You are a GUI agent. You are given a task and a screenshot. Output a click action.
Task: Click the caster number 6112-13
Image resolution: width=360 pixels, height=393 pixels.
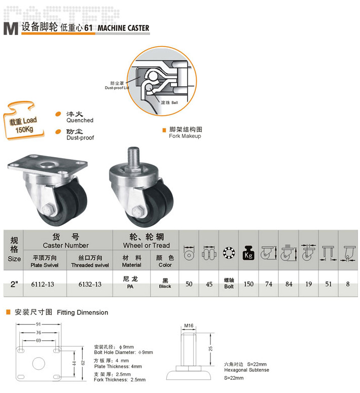[x=43, y=284]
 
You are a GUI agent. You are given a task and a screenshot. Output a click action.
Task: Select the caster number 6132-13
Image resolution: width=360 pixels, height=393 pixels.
[x=90, y=284]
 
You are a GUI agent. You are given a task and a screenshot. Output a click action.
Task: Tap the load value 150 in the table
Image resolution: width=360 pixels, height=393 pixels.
[x=248, y=284]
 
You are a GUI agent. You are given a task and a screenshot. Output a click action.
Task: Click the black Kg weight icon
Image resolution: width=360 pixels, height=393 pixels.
[x=248, y=253]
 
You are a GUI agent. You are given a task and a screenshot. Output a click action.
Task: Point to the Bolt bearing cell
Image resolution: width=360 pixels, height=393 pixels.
[x=229, y=283]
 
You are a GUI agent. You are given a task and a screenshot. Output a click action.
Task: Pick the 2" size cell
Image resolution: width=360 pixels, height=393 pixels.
[x=14, y=284]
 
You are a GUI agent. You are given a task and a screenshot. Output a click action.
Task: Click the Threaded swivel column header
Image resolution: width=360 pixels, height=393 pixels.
[x=90, y=262]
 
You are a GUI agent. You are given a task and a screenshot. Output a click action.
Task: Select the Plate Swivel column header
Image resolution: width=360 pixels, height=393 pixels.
[x=45, y=262]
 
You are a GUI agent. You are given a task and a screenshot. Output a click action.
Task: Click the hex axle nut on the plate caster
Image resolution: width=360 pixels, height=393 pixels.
[x=48, y=210]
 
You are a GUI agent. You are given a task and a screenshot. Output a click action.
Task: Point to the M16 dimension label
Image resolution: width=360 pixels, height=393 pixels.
[x=189, y=326]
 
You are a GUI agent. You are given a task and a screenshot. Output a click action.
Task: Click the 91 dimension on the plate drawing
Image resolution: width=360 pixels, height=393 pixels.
[x=39, y=324]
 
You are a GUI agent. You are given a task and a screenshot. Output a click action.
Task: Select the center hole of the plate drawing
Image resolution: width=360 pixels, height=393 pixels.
[x=39, y=363]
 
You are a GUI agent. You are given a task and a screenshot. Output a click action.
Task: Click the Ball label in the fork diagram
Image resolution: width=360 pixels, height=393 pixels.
[x=175, y=102]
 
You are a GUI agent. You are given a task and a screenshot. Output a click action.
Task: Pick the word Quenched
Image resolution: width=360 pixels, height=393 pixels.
[x=80, y=120]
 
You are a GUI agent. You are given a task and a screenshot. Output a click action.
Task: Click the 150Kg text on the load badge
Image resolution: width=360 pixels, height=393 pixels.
[x=24, y=129]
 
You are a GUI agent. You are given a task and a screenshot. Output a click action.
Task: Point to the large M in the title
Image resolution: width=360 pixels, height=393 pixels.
[x=11, y=28]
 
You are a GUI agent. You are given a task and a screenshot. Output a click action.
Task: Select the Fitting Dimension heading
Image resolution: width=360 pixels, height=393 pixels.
[x=83, y=312]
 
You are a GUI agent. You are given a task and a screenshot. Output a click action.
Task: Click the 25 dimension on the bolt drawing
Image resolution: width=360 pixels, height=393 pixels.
[x=211, y=348]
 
